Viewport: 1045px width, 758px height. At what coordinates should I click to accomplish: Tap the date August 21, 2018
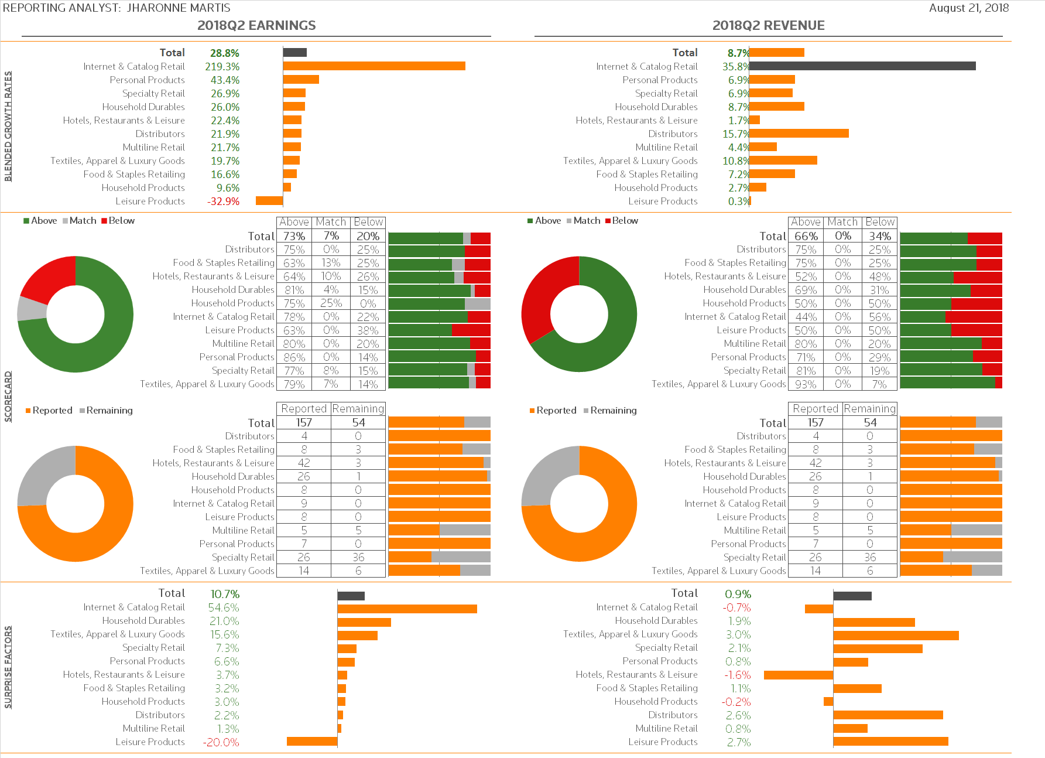[969, 8]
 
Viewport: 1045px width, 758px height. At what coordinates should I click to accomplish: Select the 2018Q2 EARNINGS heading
[256, 25]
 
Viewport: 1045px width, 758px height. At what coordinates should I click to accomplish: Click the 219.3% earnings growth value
[222, 67]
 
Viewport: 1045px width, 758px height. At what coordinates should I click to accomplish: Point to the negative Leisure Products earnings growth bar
[269, 201]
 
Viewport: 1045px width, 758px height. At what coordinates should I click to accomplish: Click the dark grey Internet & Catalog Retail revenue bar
[862, 66]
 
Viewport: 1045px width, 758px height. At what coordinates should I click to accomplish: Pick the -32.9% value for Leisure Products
[223, 202]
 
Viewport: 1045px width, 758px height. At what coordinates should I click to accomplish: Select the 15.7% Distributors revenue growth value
[735, 134]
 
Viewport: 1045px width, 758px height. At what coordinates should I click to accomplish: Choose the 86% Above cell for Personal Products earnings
[294, 357]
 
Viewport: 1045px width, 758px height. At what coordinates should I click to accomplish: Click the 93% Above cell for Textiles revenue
[806, 384]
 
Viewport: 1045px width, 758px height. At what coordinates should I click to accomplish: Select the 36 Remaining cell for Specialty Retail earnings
[358, 557]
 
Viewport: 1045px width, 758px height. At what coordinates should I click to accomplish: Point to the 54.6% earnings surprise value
[224, 608]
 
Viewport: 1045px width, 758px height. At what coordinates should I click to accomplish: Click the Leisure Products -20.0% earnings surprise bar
[311, 742]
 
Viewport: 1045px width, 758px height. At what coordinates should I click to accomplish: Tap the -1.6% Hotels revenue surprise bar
[798, 675]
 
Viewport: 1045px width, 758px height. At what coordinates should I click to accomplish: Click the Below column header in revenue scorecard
[880, 222]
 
